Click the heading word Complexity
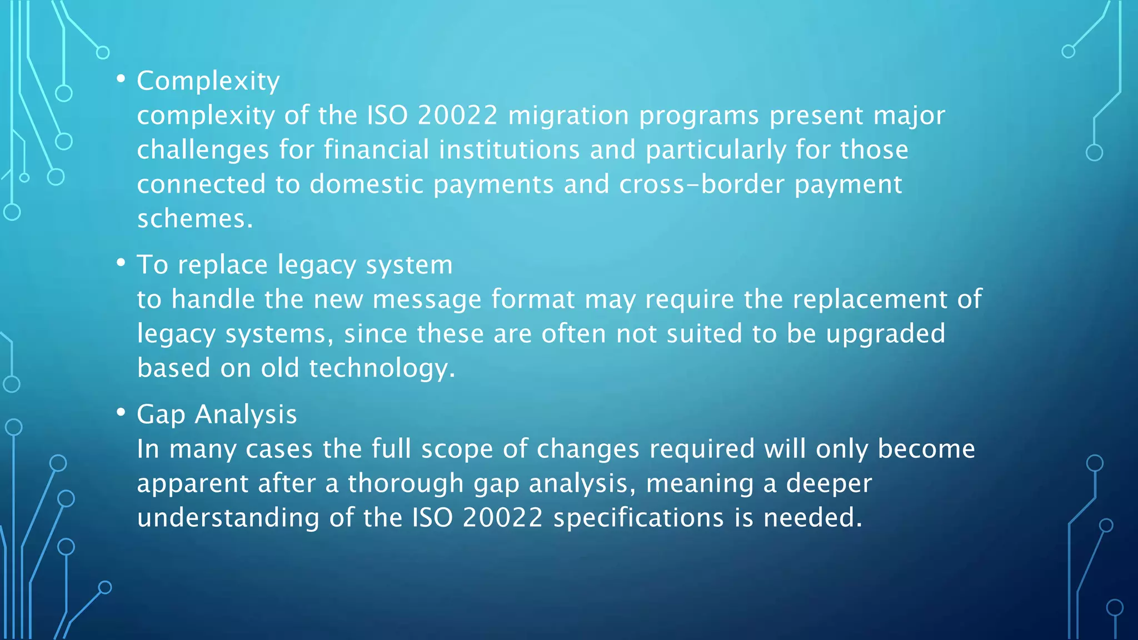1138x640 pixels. point(208,81)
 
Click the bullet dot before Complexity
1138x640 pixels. point(121,79)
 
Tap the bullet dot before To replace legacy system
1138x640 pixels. point(121,263)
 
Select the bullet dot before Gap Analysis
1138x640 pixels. point(121,412)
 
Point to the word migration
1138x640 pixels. point(568,116)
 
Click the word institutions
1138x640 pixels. point(509,150)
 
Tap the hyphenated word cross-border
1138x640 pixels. point(701,184)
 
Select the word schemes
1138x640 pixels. point(194,219)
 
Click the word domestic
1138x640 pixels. point(366,184)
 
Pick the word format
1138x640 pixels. point(533,299)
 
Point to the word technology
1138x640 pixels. point(382,368)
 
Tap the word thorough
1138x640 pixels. point(406,483)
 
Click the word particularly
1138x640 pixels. point(716,150)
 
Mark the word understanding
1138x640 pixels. point(228,518)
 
